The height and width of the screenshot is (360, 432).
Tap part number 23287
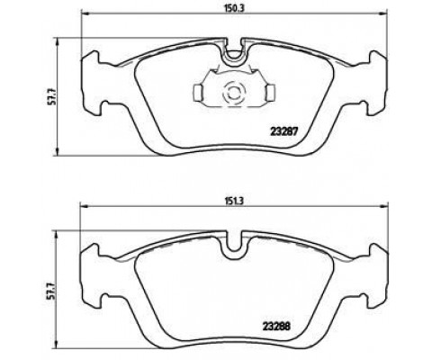coord(283,131)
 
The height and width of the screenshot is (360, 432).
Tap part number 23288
coord(276,326)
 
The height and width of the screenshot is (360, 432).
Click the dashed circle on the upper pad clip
coord(234,93)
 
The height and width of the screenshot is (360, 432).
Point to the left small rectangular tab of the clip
coord(198,92)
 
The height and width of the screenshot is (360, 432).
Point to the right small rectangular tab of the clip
coord(271,92)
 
